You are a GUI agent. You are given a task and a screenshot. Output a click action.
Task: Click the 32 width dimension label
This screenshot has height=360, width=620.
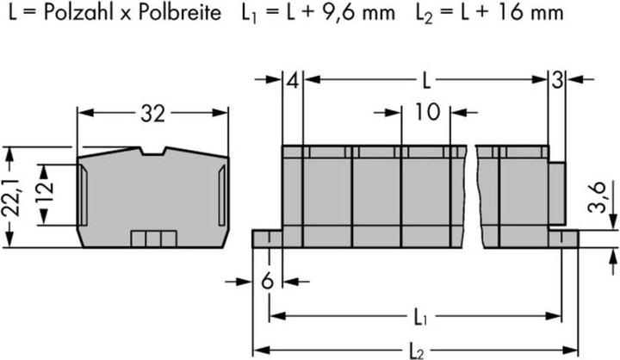(152, 112)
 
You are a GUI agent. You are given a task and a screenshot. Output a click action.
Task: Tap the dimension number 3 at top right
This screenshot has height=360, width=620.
(557, 82)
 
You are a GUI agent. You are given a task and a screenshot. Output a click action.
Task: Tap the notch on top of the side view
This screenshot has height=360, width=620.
(152, 154)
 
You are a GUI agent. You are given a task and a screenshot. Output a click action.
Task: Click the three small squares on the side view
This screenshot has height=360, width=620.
(152, 239)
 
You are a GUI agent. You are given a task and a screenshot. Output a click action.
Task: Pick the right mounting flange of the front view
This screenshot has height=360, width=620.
(564, 237)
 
